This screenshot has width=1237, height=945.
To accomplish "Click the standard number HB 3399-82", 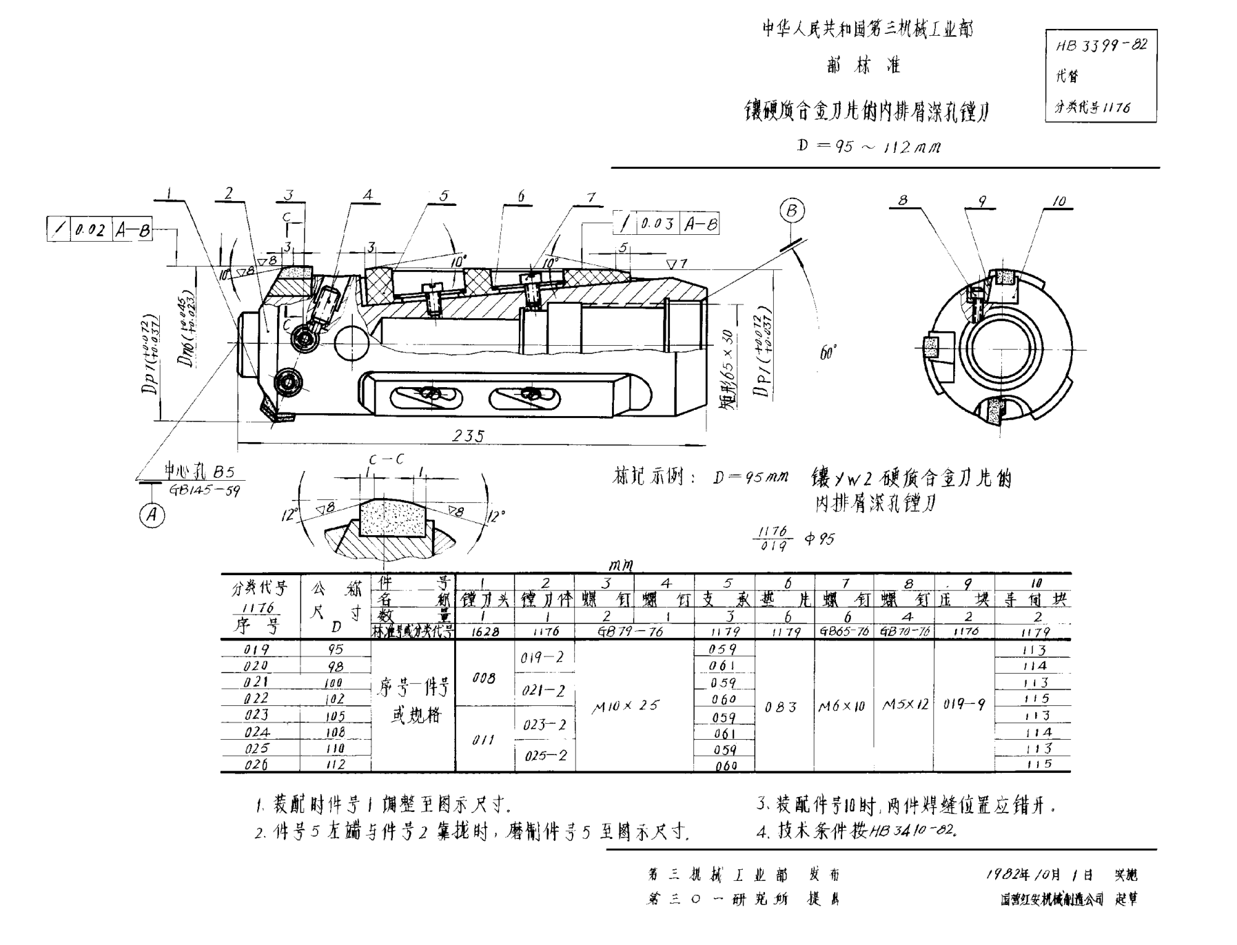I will click(1101, 46).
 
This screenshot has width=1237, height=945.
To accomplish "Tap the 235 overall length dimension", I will click(468, 435).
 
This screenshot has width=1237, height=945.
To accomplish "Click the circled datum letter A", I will click(152, 515).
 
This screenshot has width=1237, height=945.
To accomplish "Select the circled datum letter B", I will click(792, 211).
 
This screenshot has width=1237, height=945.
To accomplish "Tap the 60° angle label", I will click(828, 353).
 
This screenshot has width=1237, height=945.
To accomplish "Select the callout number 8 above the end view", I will click(902, 200).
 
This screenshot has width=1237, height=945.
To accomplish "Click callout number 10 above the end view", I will click(1059, 200).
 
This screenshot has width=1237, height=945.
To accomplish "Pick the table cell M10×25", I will click(626, 705).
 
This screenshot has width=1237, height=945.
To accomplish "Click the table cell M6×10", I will click(842, 706).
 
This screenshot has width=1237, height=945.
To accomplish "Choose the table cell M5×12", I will click(906, 705).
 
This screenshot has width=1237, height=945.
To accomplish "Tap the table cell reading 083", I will click(781, 707).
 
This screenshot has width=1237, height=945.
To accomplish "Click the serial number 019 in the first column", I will click(256, 649).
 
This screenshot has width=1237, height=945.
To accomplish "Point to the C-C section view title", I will click(387, 459).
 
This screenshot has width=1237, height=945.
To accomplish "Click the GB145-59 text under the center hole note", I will click(205, 490).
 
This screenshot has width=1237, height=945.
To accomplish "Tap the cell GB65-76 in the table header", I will click(844, 631).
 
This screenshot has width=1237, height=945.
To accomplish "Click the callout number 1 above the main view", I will click(168, 195).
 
